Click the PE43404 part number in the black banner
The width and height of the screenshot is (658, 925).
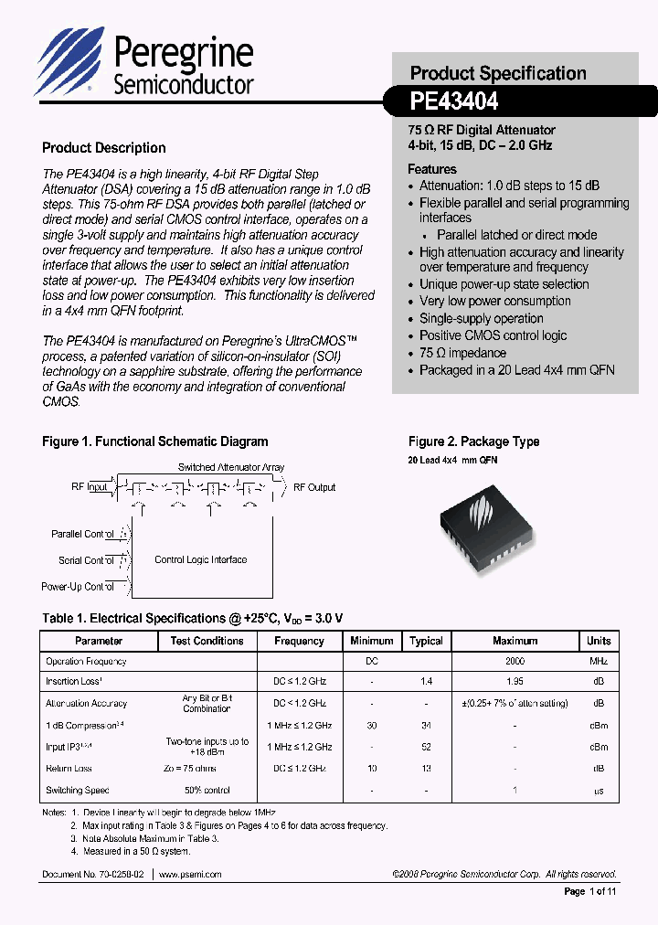click(454, 101)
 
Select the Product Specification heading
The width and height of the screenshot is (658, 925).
click(498, 73)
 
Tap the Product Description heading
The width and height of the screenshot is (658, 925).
click(104, 148)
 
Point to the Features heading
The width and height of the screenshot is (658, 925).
click(432, 169)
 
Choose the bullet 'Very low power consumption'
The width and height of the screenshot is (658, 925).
click(494, 301)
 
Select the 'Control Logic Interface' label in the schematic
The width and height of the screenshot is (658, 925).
click(200, 559)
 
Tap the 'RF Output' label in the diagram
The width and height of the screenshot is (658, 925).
click(314, 487)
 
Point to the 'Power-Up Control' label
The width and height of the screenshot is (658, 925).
click(78, 587)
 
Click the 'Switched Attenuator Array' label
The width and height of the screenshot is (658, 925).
click(231, 467)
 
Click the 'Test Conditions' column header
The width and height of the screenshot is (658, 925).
click(207, 641)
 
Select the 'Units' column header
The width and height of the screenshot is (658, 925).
click(599, 641)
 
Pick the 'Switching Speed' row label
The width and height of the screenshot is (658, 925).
click(77, 791)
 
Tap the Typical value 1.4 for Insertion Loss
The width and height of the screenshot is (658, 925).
click(426, 682)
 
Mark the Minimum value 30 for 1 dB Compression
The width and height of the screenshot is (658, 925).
click(372, 726)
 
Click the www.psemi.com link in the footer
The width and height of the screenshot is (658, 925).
click(190, 875)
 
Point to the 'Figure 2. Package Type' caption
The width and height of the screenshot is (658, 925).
click(473, 441)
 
